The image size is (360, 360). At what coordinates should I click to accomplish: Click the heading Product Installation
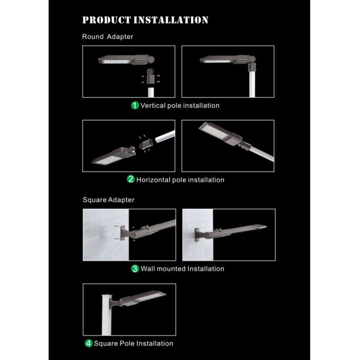(145, 20)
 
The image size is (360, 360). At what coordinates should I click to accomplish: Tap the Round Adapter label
(107, 37)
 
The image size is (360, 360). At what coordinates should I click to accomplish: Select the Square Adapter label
(109, 200)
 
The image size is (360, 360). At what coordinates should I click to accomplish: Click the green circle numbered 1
(135, 106)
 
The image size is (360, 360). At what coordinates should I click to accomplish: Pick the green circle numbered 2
(131, 179)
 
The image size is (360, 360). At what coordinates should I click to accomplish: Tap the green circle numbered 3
(135, 269)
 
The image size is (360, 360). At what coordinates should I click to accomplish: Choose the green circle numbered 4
(89, 343)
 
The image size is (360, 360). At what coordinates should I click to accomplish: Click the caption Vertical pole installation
(180, 106)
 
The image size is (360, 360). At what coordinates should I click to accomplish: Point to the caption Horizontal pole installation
(180, 180)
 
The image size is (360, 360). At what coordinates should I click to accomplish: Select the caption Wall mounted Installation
(182, 269)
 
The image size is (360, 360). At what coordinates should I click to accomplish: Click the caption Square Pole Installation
(133, 343)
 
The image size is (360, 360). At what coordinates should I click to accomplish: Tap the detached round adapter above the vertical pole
(151, 77)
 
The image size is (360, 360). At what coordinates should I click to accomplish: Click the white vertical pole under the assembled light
(252, 84)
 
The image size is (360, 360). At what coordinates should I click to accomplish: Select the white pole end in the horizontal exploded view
(165, 136)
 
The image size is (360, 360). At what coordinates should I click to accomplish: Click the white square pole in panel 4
(107, 314)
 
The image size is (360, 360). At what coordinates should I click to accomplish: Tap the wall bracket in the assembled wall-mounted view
(197, 235)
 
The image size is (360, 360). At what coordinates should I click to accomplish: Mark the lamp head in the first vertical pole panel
(126, 59)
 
